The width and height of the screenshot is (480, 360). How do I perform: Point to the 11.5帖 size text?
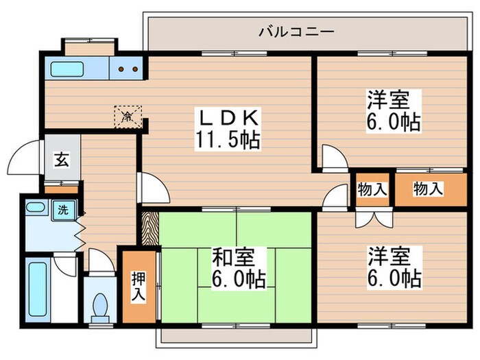(x=228, y=141)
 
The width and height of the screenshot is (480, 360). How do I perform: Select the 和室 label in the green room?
(x=232, y=257)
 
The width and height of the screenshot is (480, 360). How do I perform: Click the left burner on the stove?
(x=122, y=69)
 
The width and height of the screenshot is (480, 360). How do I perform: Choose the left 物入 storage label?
(x=372, y=190)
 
